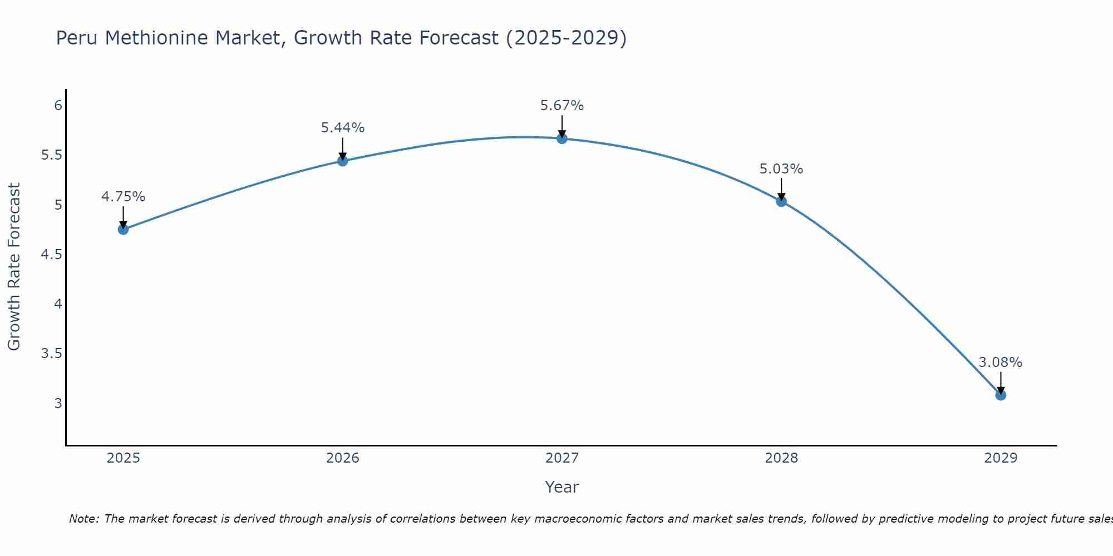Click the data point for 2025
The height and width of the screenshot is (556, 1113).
point(123,229)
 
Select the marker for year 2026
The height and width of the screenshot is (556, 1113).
point(343,161)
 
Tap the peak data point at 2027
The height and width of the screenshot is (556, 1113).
point(562,138)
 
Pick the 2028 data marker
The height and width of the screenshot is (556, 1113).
point(781,201)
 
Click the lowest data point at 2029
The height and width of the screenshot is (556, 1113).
point(1001,395)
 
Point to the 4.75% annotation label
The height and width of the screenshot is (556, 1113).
point(123,197)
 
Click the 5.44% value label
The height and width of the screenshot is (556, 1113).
point(343,128)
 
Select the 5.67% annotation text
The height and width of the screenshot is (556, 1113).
point(562,106)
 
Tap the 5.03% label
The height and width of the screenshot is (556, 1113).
point(781,169)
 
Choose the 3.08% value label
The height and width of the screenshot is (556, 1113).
point(1001,363)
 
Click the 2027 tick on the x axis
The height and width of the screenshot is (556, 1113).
point(562,458)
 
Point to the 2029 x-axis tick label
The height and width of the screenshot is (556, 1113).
point(1001,458)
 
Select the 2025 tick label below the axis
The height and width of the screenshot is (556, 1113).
point(123,458)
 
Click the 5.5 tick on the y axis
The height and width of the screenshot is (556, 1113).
point(51,155)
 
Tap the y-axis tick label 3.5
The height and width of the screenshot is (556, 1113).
point(51,354)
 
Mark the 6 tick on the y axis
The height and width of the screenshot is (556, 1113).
point(58,106)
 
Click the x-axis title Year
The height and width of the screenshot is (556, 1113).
point(562,487)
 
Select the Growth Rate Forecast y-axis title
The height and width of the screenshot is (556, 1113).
point(14,267)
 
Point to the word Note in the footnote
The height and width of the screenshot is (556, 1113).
point(83,519)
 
